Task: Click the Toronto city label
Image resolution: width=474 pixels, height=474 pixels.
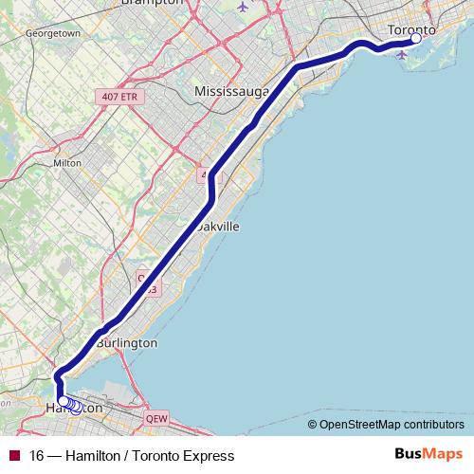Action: coord(412,29)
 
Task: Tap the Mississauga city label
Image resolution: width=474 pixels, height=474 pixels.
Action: coord(231,91)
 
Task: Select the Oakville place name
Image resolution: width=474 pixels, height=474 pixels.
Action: coord(220,228)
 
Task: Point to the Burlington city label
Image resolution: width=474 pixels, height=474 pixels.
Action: coord(126,342)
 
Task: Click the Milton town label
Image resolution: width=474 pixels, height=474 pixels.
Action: coord(68,162)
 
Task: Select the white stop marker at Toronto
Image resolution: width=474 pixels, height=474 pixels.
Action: coord(415,39)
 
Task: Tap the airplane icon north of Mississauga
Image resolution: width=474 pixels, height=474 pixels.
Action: coord(244,7)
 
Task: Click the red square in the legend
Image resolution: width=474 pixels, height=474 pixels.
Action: coord(13,455)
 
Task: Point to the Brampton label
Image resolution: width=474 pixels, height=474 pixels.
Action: coord(153,3)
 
